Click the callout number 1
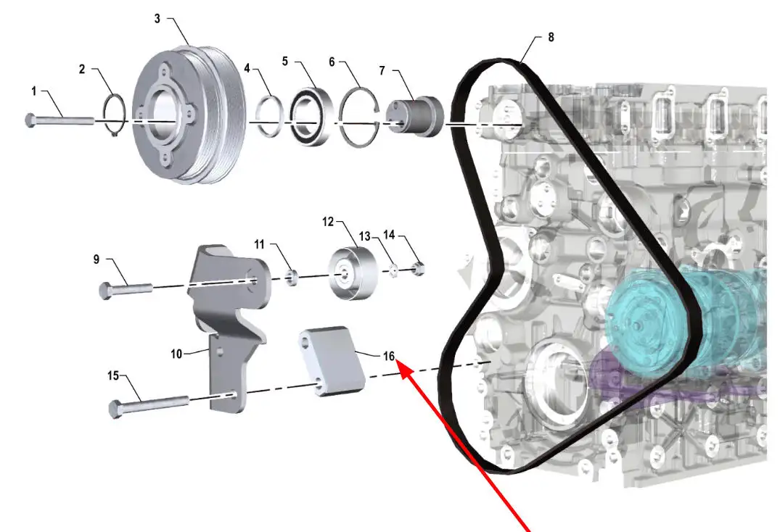pyautogui.click(x=33, y=91)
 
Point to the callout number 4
pyautogui.click(x=247, y=69)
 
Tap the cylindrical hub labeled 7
pyautogui.click(x=416, y=115)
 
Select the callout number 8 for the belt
pyautogui.click(x=551, y=37)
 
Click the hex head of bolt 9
pyautogui.click(x=106, y=291)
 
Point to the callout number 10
pyautogui.click(x=176, y=354)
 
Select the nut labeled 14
pyautogui.click(x=419, y=270)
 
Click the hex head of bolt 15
pyautogui.click(x=116, y=410)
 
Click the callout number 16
pyautogui.click(x=389, y=356)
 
